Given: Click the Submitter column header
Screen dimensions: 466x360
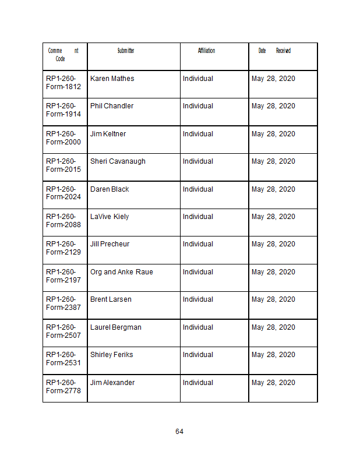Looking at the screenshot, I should (x=126, y=51).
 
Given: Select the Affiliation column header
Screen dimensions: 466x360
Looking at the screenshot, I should (x=206, y=51).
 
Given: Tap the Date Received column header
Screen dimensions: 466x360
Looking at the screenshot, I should (x=274, y=51).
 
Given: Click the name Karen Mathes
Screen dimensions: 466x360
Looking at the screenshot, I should (x=112, y=79).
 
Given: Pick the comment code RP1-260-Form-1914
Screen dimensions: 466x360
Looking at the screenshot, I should (x=63, y=110).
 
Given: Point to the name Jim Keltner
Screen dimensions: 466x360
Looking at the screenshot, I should (x=108, y=134).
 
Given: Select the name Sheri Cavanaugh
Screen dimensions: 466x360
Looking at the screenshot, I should (x=118, y=161).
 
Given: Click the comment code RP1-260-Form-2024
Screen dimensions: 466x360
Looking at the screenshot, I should (x=63, y=193).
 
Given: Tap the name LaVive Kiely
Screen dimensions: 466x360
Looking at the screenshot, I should (x=110, y=217).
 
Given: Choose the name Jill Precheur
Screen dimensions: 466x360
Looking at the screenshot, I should (x=110, y=244).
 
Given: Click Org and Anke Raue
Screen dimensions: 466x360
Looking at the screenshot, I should (x=121, y=272).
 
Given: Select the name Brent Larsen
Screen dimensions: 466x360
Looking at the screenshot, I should (x=111, y=299).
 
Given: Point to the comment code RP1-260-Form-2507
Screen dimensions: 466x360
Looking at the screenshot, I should (x=63, y=331).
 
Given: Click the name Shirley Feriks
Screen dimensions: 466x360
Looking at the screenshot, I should (x=111, y=355).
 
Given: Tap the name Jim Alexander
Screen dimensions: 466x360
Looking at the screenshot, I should (x=112, y=383).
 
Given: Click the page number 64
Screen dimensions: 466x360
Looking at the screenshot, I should (x=179, y=432).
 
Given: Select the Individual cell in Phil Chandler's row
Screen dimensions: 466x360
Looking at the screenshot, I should (x=198, y=106).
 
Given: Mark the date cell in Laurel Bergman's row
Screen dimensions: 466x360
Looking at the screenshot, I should (x=273, y=327).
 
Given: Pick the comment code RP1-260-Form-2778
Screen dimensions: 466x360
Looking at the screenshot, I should (x=63, y=386).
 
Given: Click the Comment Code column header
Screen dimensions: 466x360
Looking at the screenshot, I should (x=63, y=55).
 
